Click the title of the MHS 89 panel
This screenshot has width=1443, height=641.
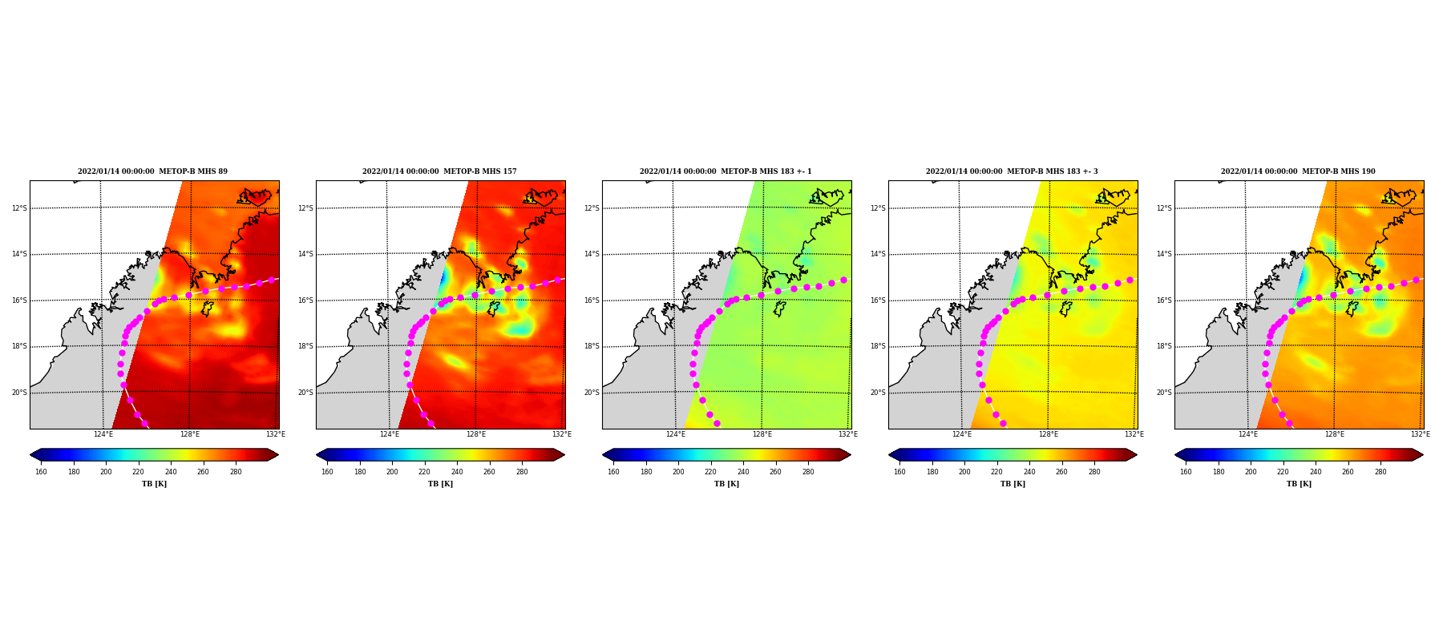pyautogui.click(x=152, y=171)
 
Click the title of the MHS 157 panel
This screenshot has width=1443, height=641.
pyautogui.click(x=439, y=171)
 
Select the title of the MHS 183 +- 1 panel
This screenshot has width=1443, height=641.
pyautogui.click(x=726, y=171)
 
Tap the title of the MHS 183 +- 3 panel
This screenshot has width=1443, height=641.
pyautogui.click(x=1012, y=171)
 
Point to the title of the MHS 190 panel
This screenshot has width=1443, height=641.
pyautogui.click(x=1298, y=171)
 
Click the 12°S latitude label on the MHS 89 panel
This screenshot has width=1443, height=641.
pyautogui.click(x=19, y=208)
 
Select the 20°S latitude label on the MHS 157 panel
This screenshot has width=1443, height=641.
pyautogui.click(x=305, y=393)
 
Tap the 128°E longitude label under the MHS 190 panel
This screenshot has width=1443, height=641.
pyautogui.click(x=1334, y=434)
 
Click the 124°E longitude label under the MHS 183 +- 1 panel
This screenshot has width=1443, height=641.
pyautogui.click(x=676, y=434)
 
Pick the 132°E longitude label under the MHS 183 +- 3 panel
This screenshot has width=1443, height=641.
pyautogui.click(x=1134, y=434)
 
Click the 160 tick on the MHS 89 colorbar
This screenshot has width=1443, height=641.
pyautogui.click(x=41, y=472)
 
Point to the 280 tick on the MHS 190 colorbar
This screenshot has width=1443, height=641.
pyautogui.click(x=1380, y=472)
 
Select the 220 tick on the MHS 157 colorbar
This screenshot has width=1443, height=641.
pyautogui.click(x=424, y=472)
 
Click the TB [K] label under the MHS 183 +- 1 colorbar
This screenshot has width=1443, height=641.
pyautogui.click(x=726, y=484)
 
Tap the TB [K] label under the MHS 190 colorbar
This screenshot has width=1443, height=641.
pyautogui.click(x=1299, y=484)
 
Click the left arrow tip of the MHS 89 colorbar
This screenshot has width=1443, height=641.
pyautogui.click(x=30, y=454)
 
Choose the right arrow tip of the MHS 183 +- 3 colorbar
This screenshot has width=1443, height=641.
pyautogui.click(x=1137, y=454)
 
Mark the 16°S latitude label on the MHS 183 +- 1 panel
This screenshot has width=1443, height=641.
pyautogui.click(x=592, y=300)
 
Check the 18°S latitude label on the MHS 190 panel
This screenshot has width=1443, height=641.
pyautogui.click(x=1164, y=346)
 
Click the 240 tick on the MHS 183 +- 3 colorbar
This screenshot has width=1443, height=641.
pyautogui.click(x=1029, y=472)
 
